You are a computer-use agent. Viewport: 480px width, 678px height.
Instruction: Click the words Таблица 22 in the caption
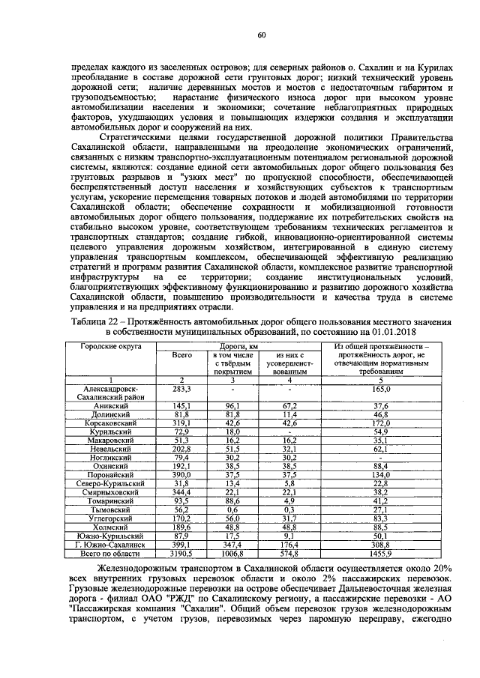click(x=91, y=320)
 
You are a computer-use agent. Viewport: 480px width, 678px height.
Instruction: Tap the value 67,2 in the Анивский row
click(x=289, y=405)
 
